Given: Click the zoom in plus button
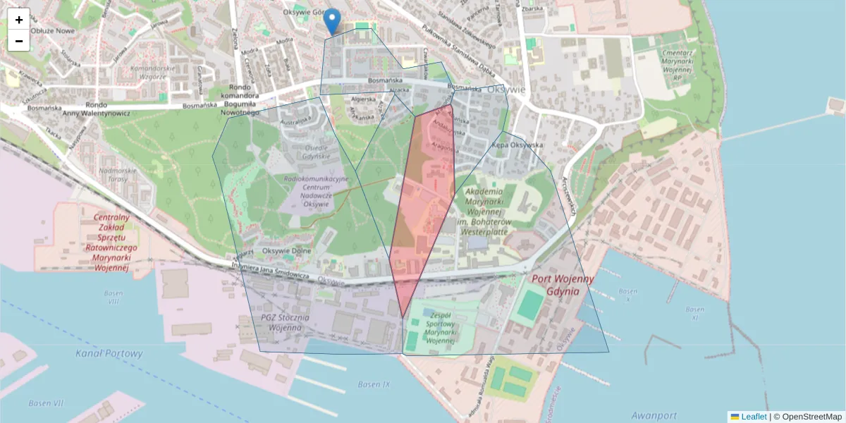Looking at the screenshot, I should pos(19,20).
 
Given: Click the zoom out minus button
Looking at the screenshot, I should pos(19,41).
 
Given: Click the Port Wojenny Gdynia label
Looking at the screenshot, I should pos(564,285).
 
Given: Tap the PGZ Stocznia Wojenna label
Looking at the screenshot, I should pos(281,322).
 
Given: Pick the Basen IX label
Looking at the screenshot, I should pos(374,385).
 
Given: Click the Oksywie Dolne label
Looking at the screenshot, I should pos(286,250).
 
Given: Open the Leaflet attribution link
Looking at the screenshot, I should pos(754,417).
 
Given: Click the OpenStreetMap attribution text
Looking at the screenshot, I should pos(807,417).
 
